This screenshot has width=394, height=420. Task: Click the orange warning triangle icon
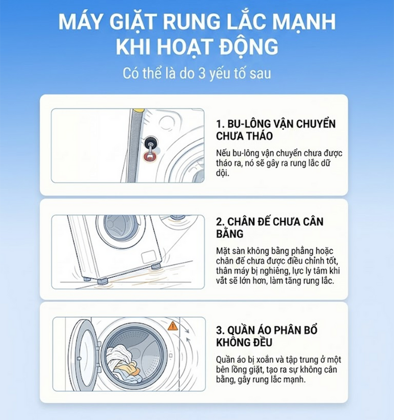[x=173, y=325]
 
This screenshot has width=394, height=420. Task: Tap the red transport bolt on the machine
[x=150, y=156]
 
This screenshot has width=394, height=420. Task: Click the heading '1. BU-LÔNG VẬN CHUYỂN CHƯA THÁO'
[x=275, y=129]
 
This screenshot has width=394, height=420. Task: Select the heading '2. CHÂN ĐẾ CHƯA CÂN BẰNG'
[x=269, y=227]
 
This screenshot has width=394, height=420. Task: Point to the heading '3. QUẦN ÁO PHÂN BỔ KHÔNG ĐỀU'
[x=267, y=336]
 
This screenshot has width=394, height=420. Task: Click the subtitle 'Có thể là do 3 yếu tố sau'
[x=197, y=73]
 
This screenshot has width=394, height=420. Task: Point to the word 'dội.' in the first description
[x=223, y=173]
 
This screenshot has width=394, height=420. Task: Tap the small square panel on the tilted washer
[x=149, y=257]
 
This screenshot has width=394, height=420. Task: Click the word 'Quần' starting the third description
[x=225, y=360]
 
